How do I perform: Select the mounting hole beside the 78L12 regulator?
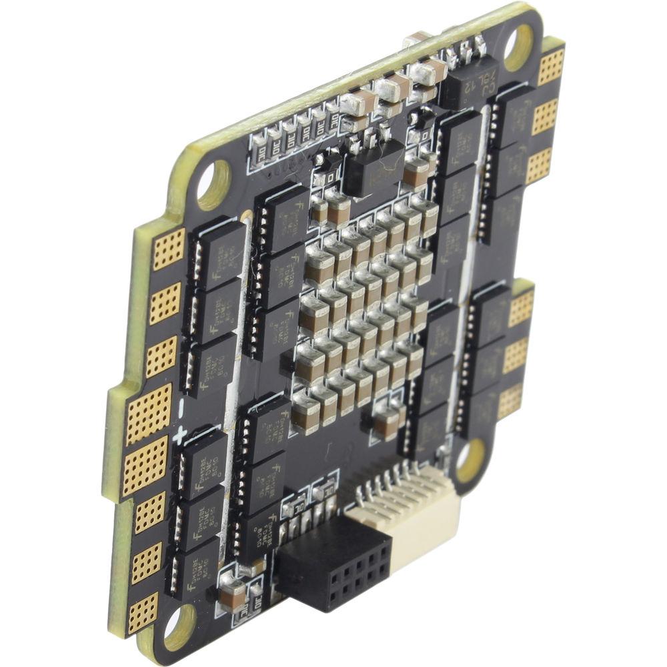coord(520,47)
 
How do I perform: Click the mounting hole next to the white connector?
coord(468,460)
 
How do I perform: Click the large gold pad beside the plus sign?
coord(145,462)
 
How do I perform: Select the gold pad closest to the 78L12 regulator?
coord(551,66)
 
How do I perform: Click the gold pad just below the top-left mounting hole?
coord(169,249)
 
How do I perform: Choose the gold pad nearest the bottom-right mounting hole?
coord(510,401)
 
